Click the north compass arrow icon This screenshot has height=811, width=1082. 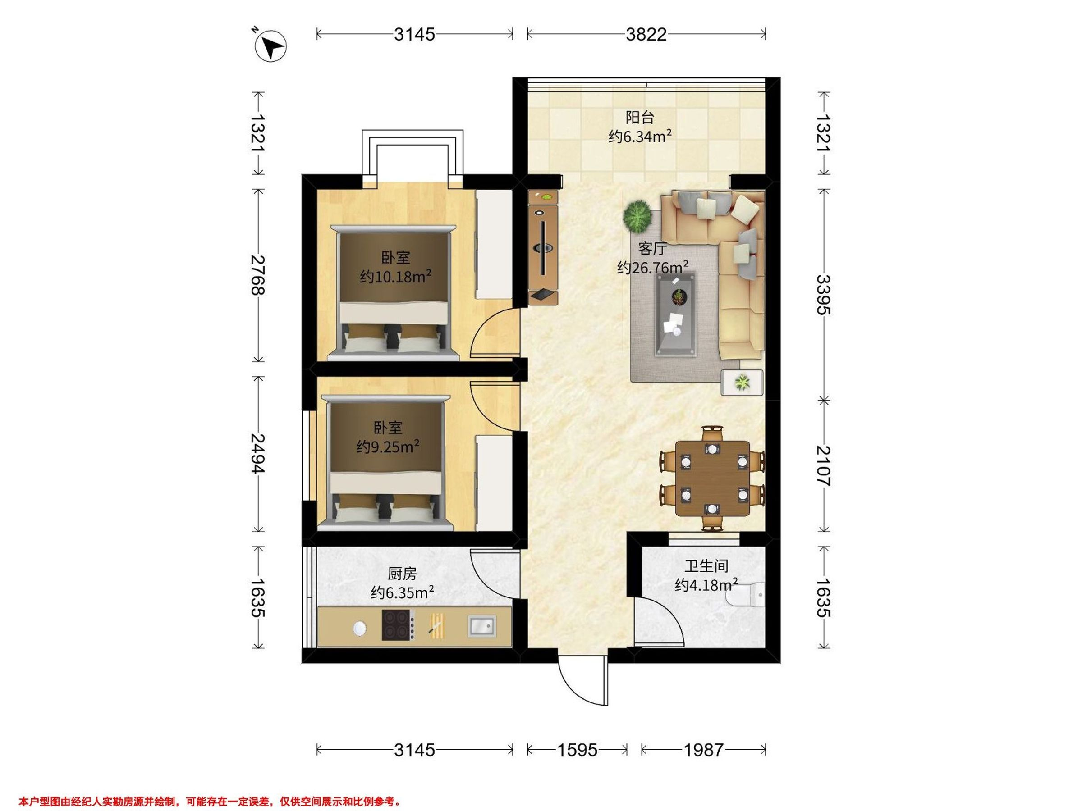[270, 46]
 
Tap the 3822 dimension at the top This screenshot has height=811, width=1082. [646, 34]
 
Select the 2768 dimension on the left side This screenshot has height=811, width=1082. [258, 275]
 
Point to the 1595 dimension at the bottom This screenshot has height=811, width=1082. [577, 750]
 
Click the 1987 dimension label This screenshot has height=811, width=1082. [703, 750]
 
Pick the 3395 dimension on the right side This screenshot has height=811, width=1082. [824, 294]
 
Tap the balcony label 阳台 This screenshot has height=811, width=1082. [640, 117]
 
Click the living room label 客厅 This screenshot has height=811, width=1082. [652, 249]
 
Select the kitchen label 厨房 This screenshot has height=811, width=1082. [402, 574]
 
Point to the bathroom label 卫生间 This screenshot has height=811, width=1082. [706, 566]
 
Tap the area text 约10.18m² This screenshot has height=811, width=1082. [395, 277]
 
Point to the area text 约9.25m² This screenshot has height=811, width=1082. [387, 447]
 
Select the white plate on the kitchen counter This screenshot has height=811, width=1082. [359, 628]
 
